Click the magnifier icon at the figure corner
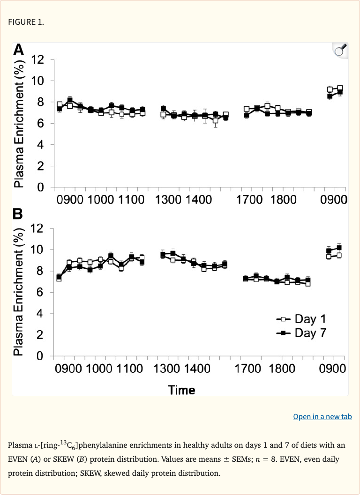click(x=340, y=50)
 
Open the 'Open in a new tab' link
click(x=322, y=416)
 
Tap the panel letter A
click(x=18, y=50)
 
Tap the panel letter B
click(x=18, y=214)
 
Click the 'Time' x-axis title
click(x=182, y=390)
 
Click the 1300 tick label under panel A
click(x=168, y=200)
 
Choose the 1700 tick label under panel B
click(x=249, y=369)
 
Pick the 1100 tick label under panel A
click(x=132, y=200)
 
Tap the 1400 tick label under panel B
click(x=197, y=369)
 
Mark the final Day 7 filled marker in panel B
click(x=339, y=247)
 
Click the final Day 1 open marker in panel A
click(x=340, y=89)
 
